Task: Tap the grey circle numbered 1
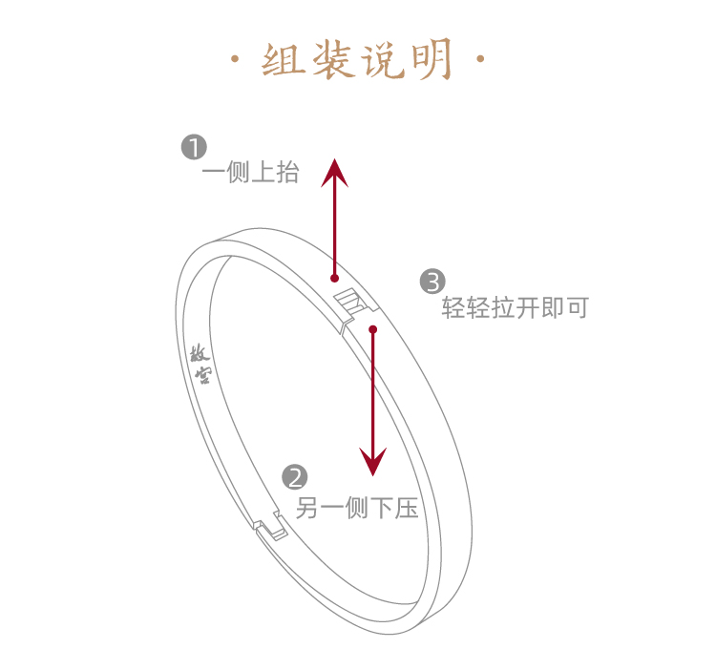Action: coord(194,148)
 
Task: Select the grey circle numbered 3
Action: coord(432,282)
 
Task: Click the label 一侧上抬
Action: coord(250,173)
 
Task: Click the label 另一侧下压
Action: coord(357,508)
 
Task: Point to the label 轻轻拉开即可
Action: coord(516,308)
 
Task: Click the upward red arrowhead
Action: coord(334,173)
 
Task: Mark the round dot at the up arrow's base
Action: coord(334,278)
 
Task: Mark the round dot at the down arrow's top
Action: coord(373,330)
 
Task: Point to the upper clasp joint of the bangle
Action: coord(355,307)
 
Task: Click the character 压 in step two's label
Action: coord(408,508)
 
